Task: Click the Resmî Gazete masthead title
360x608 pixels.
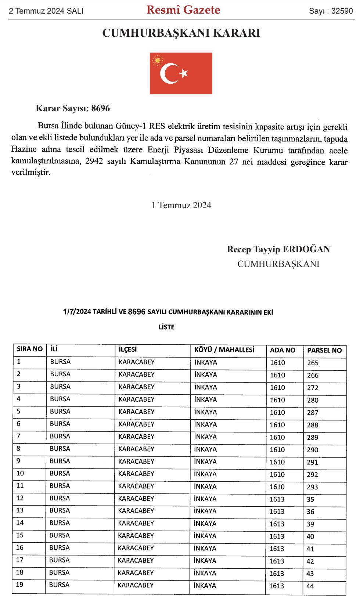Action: (183, 10)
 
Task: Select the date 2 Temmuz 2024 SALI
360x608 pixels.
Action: (46, 11)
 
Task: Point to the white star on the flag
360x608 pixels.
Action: (184, 73)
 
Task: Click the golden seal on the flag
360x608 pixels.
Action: (158, 60)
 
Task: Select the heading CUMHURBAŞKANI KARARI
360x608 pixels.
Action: (181, 33)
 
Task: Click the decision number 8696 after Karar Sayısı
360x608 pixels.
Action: (101, 108)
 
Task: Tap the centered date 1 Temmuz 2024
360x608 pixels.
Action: (181, 205)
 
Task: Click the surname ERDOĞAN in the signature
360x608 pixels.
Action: (306, 249)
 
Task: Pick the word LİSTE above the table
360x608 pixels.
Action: (166, 327)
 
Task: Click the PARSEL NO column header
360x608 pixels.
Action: (324, 350)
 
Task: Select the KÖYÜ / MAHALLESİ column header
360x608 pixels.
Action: (224, 350)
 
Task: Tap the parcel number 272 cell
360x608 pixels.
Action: (313, 388)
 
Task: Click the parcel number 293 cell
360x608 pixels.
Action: (312, 487)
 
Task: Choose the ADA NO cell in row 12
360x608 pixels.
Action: (277, 499)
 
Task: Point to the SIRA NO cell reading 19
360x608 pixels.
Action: (20, 585)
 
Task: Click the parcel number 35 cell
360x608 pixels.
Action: (310, 499)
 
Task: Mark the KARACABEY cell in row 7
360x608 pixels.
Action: (136, 437)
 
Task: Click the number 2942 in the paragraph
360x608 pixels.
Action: (94, 161)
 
